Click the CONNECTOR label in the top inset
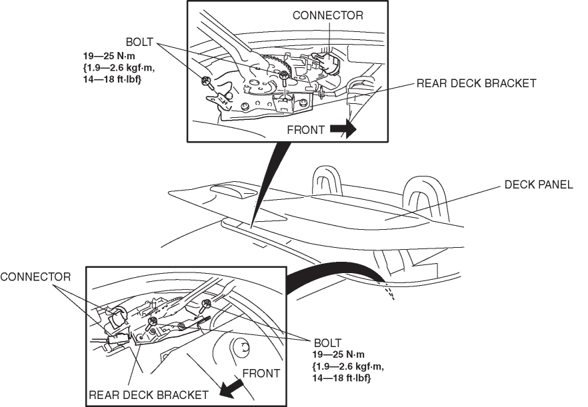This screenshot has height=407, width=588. tap(327, 15)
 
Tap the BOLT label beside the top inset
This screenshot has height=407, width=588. tap(139, 42)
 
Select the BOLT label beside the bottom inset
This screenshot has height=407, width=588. tap(327, 342)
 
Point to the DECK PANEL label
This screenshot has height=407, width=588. tap(538, 185)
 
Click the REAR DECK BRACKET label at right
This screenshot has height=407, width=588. tap(476, 83)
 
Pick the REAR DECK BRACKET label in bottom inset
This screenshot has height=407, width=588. tap(149, 394)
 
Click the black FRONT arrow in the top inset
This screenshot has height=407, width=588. tap(344, 130)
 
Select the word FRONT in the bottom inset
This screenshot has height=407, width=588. tap(261, 374)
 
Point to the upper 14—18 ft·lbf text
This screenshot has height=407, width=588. tap(109, 80)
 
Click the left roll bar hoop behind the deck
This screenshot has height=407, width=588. tap(327, 180)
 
